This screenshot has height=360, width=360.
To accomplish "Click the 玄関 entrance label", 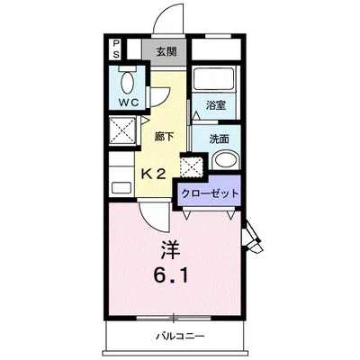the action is (x=166, y=52).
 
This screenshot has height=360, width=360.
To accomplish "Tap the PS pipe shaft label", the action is (x=116, y=49).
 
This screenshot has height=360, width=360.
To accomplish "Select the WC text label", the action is (x=129, y=103).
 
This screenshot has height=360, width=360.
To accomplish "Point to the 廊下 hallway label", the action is (x=164, y=137).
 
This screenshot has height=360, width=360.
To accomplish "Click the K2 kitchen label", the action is (x=153, y=174).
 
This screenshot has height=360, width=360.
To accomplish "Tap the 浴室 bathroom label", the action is (x=216, y=105).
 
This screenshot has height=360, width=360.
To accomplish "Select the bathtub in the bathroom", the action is (x=213, y=78).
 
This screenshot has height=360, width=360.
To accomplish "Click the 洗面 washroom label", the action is (x=220, y=139).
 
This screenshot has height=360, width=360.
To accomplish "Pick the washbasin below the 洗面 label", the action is (x=227, y=160).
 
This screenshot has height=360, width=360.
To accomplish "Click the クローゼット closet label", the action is (x=210, y=193).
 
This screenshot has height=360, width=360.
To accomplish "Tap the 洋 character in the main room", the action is (x=170, y=249).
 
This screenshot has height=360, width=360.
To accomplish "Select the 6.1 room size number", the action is (x=171, y=275).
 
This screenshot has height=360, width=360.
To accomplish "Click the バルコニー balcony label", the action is (x=180, y=336).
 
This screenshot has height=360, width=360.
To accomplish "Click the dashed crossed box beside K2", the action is (x=192, y=166).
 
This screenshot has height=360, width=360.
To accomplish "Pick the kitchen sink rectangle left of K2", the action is (x=121, y=188).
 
